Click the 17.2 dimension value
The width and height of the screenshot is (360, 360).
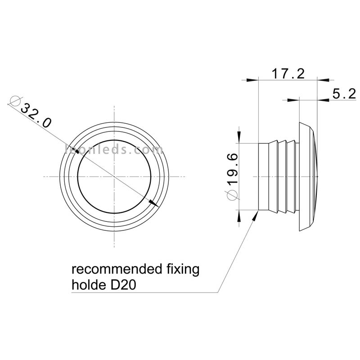pyautogui.click(x=288, y=74)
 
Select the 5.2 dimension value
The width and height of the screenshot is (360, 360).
pyautogui.click(x=344, y=94)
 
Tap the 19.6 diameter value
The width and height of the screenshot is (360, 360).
pyautogui.click(x=233, y=169)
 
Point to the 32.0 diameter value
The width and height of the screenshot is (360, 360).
pyautogui.click(x=36, y=116)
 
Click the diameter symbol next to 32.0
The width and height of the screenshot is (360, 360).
pyautogui.click(x=16, y=100)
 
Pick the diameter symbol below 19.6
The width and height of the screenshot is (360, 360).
pyautogui.click(x=232, y=195)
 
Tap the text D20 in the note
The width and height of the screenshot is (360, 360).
pyautogui.click(x=124, y=285)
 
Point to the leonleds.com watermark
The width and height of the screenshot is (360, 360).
pyautogui.click(x=114, y=150)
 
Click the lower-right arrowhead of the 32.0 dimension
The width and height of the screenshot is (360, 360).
pyautogui.click(x=153, y=203)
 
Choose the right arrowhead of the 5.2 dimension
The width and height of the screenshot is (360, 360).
pyautogui.click(x=323, y=99)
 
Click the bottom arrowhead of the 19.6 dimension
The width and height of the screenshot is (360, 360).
pyautogui.click(x=239, y=216)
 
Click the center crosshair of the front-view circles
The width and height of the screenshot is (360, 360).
pyautogui.click(x=114, y=176)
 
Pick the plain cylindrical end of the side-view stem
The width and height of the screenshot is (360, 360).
pyautogui.click(x=264, y=176)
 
